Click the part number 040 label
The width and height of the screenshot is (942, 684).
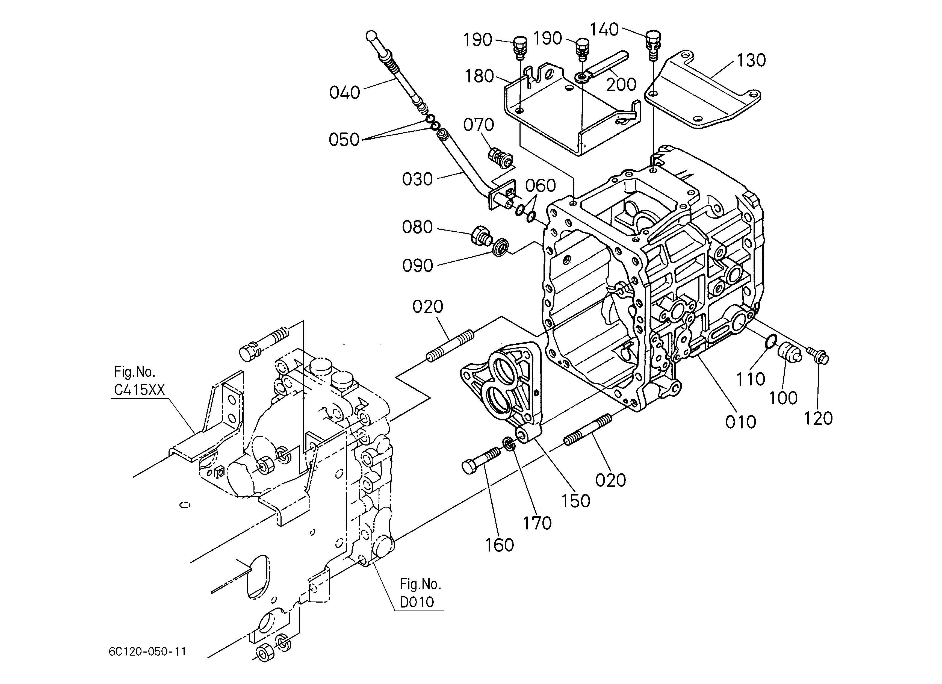click(344, 93)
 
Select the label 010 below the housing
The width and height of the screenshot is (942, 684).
click(740, 422)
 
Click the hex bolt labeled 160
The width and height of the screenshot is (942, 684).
click(482, 461)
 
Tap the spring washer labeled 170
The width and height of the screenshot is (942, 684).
click(509, 444)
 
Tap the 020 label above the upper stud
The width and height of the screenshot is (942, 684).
click(428, 307)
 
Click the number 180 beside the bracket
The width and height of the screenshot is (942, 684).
click(479, 76)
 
